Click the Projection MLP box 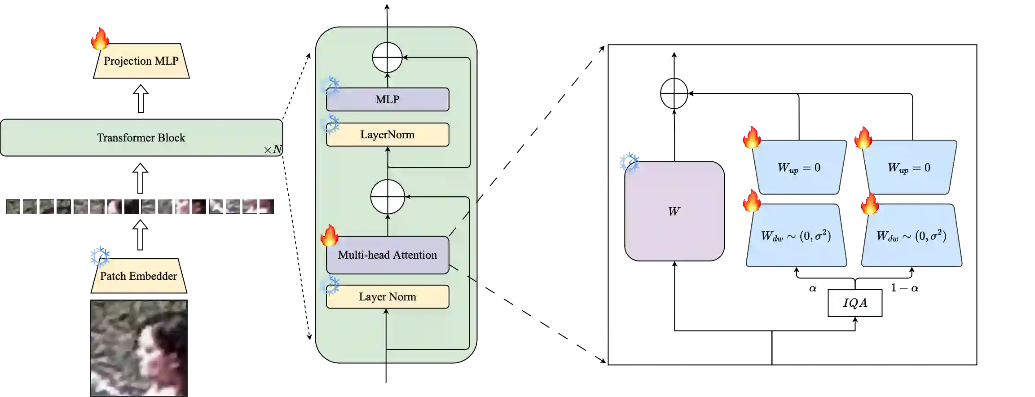click(141, 61)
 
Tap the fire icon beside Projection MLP click(100, 39)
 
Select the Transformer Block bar click(141, 137)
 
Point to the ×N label click(273, 150)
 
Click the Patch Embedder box click(138, 276)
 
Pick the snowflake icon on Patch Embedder click(100, 256)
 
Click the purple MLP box click(387, 99)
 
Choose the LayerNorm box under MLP click(387, 134)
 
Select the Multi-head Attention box click(387, 255)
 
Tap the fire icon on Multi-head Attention click(329, 235)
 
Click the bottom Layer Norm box click(387, 296)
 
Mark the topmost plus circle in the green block click(387, 57)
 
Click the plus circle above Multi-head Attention click(388, 197)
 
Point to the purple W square click(674, 211)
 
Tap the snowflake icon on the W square click(629, 162)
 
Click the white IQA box click(855, 303)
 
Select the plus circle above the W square click(674, 93)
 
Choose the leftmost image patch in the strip click(39, 207)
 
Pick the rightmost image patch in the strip click(242, 207)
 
